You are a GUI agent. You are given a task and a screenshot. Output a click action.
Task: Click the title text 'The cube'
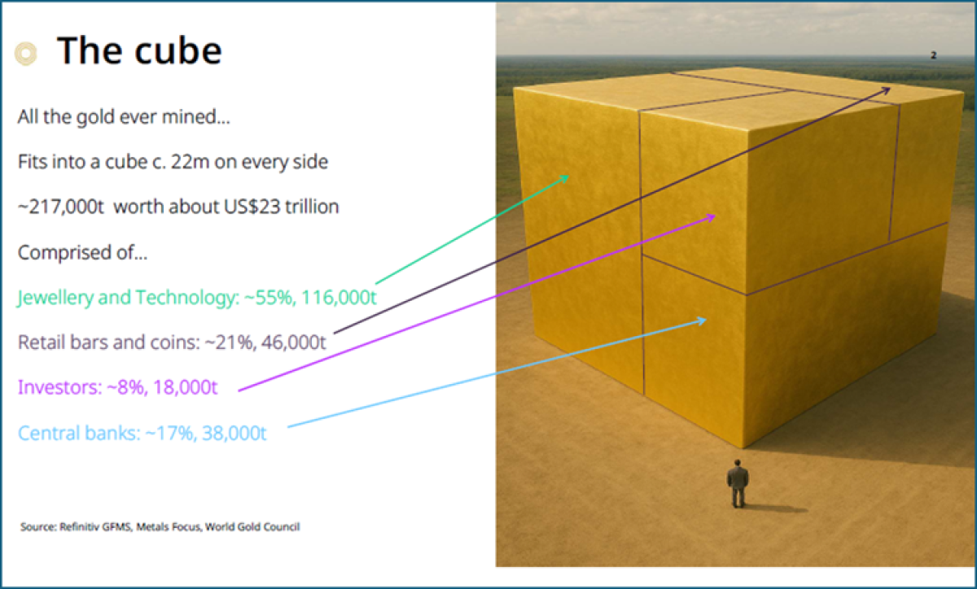click(138, 50)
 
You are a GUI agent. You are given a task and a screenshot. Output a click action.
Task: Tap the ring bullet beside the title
click(26, 54)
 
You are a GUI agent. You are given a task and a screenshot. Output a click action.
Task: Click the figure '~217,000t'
click(63, 207)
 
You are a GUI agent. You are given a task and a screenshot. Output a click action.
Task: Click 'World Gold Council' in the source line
click(253, 527)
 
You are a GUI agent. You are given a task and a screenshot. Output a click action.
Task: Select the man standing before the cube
click(738, 484)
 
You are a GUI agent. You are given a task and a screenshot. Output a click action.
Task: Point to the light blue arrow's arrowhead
click(703, 321)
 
